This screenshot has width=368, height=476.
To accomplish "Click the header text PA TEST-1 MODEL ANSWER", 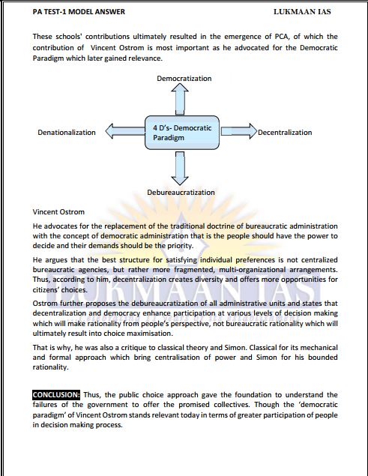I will pos(68,12).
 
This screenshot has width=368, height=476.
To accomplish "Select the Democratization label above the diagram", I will pos(184,78).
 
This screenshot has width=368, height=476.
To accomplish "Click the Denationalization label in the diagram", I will pos(67,133).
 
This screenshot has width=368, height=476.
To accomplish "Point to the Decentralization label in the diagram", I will pos(285,133).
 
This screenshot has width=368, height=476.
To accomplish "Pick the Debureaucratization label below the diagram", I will pos(181,193).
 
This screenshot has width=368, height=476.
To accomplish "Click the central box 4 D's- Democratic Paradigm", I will pos(181,133).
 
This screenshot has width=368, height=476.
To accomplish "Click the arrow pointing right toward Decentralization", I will pos(239,133).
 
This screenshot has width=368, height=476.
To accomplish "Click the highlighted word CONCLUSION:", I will pos(56,394).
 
